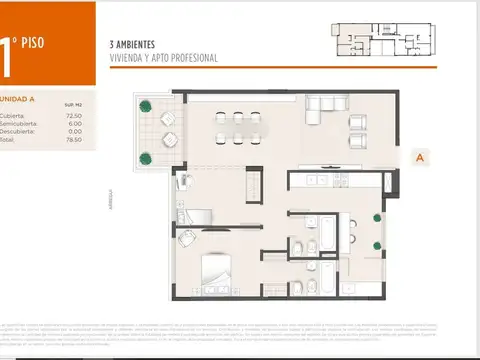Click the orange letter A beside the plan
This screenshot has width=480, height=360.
point(421,157)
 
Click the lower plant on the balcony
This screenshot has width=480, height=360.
point(146,156)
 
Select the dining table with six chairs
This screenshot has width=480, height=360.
point(241,127)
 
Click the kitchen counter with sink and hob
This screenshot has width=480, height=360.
point(330,180)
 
